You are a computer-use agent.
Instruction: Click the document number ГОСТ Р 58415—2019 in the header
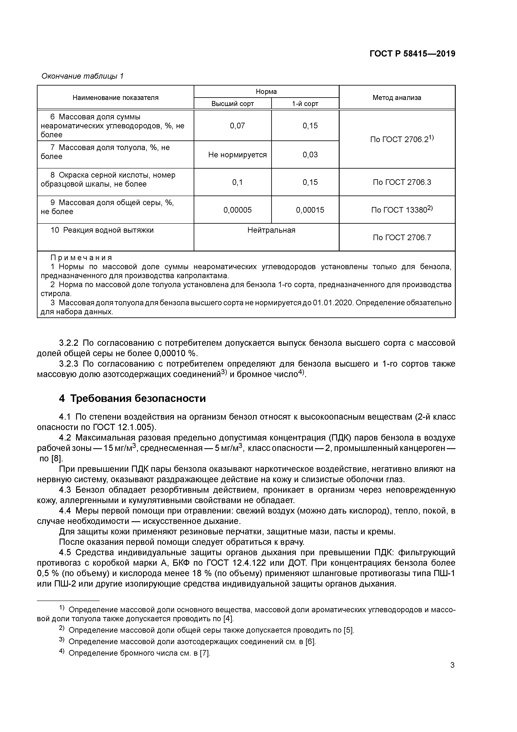412,54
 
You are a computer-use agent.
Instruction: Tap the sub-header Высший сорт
232,104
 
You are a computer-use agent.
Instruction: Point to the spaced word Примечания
81,258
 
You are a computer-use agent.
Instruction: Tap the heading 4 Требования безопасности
132,399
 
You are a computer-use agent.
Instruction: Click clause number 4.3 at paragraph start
65,490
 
